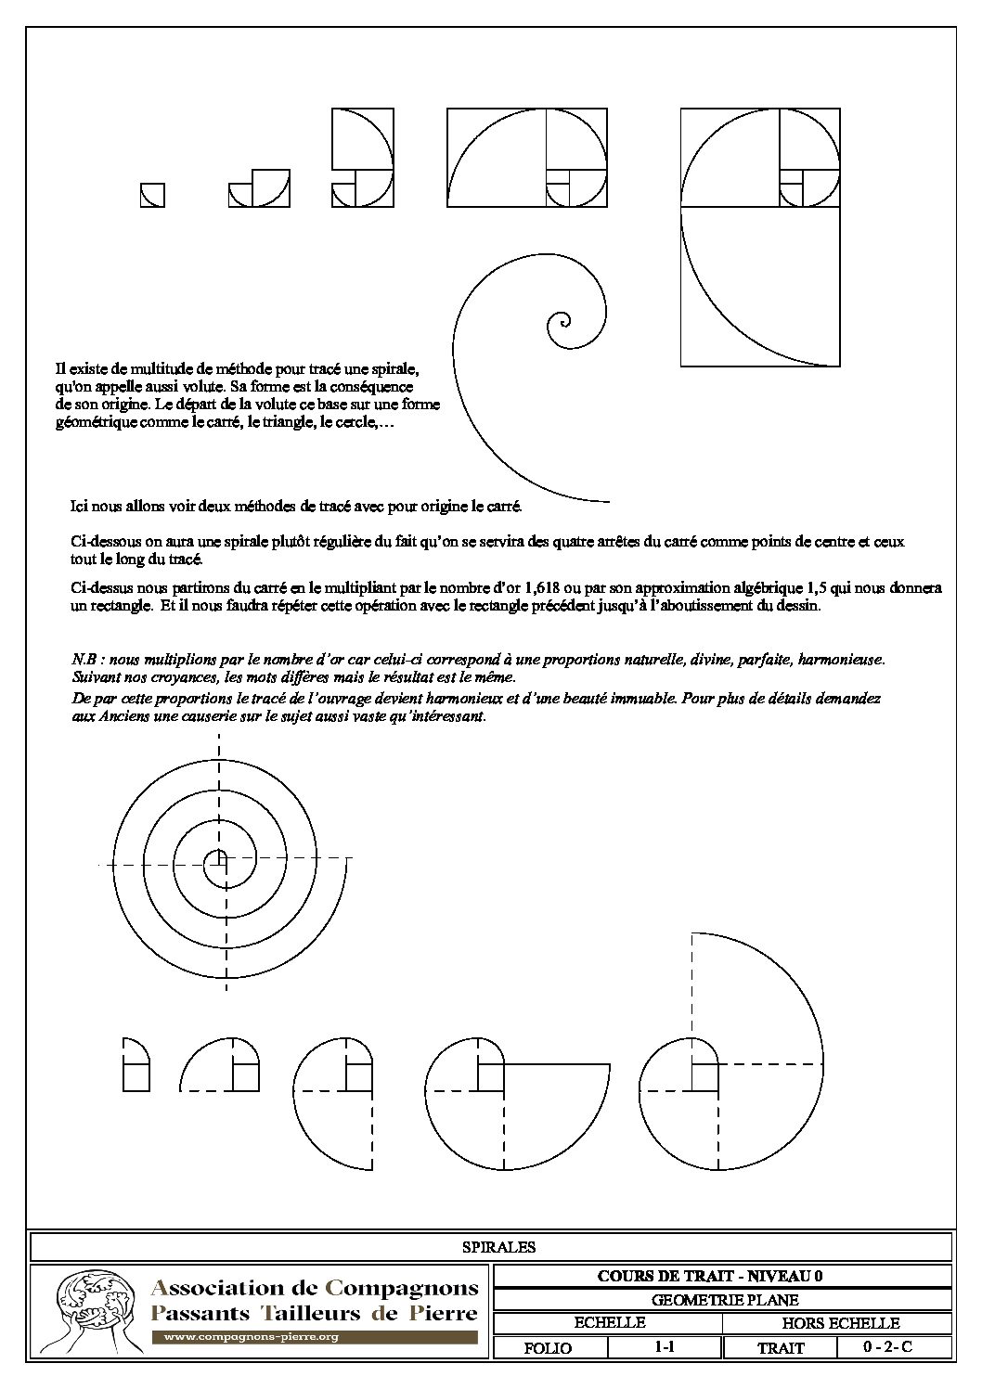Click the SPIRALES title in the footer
[498, 1247]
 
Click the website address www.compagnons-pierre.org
[251, 1338]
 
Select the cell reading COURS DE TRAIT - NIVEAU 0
[723, 1276]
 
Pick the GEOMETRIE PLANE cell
[723, 1300]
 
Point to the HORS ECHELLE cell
[840, 1324]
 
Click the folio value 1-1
[664, 1347]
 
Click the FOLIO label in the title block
[548, 1348]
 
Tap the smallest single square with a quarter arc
[152, 195]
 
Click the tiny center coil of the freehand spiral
[559, 324]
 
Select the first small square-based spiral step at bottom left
[136, 1064]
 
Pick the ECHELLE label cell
[610, 1323]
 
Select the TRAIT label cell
[782, 1348]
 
